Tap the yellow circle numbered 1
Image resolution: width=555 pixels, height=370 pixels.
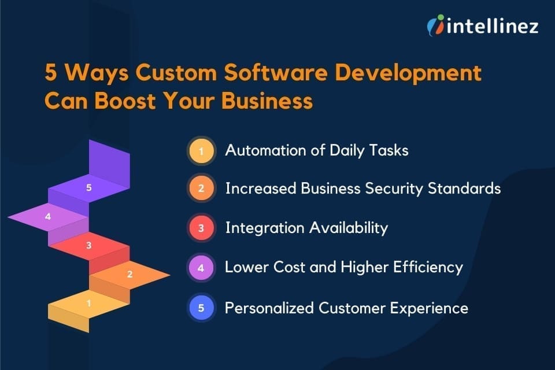(x=201, y=151)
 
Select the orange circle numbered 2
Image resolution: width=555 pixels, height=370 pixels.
(x=201, y=189)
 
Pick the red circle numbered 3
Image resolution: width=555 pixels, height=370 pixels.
(x=201, y=228)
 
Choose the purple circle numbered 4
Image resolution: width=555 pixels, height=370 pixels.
(x=201, y=267)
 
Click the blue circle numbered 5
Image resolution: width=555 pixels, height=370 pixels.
(x=201, y=308)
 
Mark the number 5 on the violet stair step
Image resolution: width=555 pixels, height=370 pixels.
(x=88, y=187)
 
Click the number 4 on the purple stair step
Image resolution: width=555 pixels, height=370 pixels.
(x=48, y=217)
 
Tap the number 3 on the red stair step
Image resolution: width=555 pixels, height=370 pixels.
(x=88, y=246)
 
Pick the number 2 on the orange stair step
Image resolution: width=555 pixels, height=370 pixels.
(x=129, y=275)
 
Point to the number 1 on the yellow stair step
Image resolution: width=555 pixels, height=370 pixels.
(x=88, y=302)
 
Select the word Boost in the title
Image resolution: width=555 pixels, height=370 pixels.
(x=135, y=101)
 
